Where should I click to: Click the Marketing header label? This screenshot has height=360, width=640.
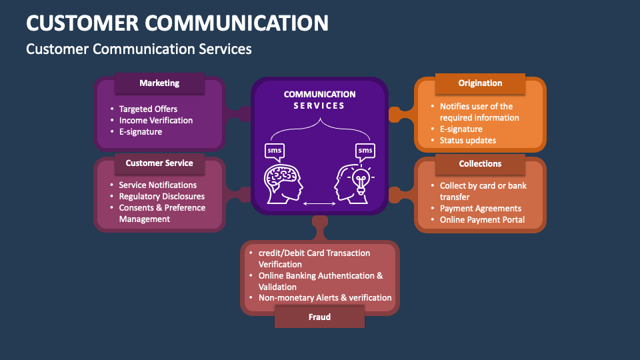point(159,83)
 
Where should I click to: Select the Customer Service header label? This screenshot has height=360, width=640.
point(159,163)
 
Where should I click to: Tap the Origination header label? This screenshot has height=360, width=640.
point(480,83)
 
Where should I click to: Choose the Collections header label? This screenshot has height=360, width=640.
point(480,163)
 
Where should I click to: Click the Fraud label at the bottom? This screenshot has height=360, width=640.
point(319,317)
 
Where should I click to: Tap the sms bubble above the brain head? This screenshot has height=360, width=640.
point(275,151)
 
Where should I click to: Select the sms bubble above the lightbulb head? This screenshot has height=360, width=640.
point(365,151)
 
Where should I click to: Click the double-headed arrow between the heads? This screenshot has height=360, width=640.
point(320,203)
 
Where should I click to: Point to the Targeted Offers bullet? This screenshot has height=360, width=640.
point(148,109)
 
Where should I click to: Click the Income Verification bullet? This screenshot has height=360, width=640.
point(156,120)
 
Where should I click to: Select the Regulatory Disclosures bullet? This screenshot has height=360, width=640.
point(162,196)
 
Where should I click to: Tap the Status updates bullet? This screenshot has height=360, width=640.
point(468,140)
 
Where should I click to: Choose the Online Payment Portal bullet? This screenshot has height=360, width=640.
point(482,219)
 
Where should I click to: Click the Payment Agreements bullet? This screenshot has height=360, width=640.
point(481,208)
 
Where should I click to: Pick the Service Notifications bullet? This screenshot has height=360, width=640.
point(158,185)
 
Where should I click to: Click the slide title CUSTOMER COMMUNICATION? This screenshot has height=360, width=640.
point(177,23)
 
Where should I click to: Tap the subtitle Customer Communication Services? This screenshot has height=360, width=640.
point(139,49)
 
